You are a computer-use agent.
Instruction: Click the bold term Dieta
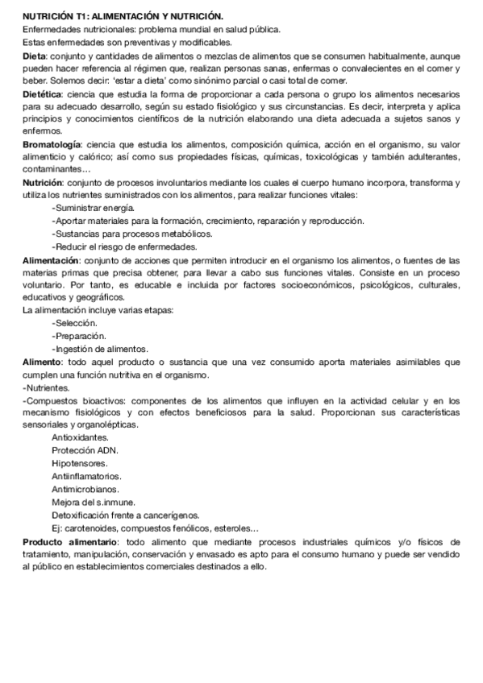click(x=34, y=56)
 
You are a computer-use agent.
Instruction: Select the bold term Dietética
click(x=40, y=94)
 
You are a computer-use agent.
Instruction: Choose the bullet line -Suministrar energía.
click(x=92, y=209)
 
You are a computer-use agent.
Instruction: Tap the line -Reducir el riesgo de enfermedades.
click(x=123, y=247)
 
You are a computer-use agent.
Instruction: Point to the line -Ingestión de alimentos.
click(x=99, y=349)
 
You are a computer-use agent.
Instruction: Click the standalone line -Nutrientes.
click(x=47, y=387)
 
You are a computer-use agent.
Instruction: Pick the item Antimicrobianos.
click(x=85, y=489)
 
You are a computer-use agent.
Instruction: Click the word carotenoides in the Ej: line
click(x=93, y=528)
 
